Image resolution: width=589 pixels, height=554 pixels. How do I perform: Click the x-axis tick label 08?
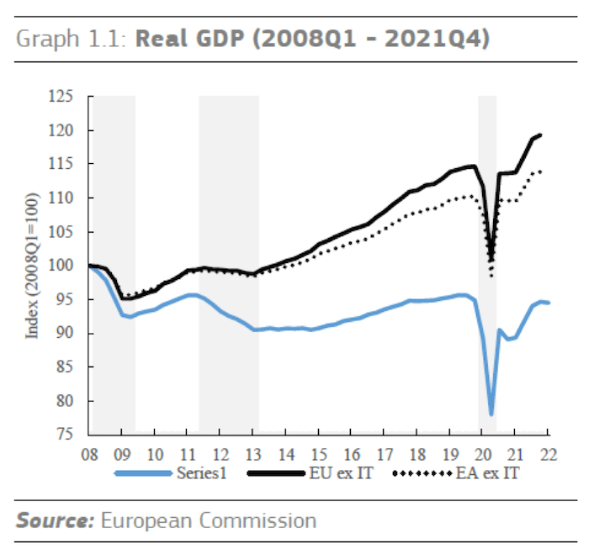(x=89, y=455)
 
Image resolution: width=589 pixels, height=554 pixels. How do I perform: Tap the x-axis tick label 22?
(x=549, y=455)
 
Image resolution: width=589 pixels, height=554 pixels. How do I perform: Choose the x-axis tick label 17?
(x=385, y=455)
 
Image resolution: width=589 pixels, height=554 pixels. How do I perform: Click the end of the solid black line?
(x=540, y=135)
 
